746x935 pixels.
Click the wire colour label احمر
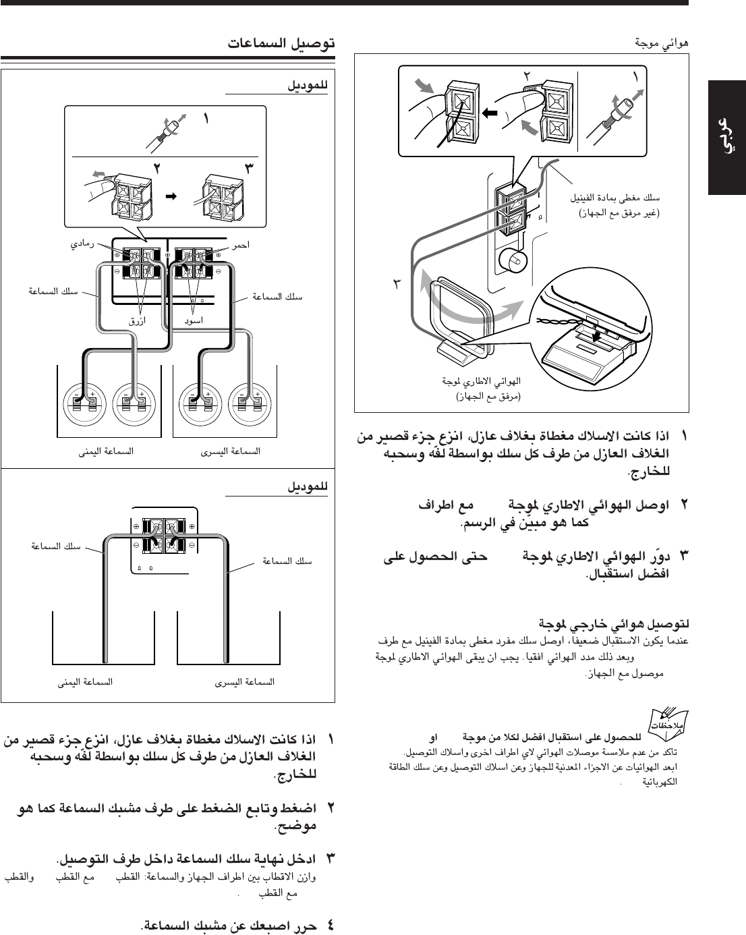click(240, 245)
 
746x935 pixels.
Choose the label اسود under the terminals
click(194, 320)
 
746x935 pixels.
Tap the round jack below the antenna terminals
click(512, 258)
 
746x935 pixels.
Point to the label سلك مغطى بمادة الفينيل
click(614, 198)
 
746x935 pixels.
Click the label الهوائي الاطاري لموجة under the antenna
click(482, 382)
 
